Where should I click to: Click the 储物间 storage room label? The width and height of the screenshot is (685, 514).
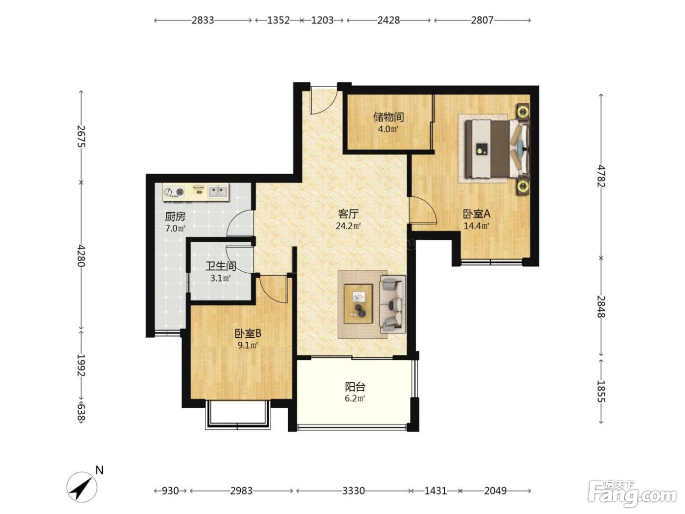click(x=388, y=117)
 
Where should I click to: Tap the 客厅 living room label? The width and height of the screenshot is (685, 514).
click(x=348, y=214)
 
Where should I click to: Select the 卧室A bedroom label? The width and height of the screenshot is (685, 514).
click(x=477, y=214)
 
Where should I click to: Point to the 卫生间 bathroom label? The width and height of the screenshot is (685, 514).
click(x=220, y=266)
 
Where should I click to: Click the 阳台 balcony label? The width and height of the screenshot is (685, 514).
click(x=355, y=387)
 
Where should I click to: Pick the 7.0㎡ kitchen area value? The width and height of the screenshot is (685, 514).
click(x=175, y=229)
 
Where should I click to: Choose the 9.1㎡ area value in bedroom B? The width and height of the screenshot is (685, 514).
click(x=248, y=346)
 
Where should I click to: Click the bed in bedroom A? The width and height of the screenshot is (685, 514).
click(x=497, y=149)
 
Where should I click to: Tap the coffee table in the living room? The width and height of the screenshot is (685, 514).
click(x=358, y=304)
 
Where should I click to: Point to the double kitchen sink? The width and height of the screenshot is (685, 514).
click(x=218, y=191)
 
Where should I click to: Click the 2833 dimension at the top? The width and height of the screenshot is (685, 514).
click(x=203, y=20)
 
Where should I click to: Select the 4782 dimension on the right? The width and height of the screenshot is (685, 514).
click(x=601, y=176)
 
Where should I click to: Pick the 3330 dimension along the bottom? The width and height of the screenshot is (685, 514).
click(x=354, y=491)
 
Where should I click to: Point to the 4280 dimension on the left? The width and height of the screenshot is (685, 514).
click(x=81, y=256)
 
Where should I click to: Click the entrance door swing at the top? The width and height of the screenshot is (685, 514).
click(x=323, y=100)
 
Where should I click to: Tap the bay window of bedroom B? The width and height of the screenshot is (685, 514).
click(x=238, y=415)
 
